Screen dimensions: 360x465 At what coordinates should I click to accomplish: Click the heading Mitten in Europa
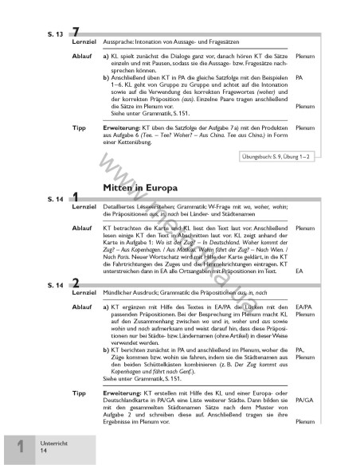click(x=138, y=186)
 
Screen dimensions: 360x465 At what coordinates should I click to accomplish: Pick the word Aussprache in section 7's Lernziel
click(x=120, y=39)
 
